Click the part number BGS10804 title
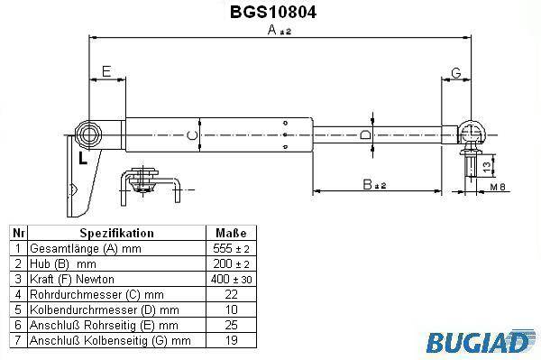[x=273, y=12]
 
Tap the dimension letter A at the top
[x=272, y=30]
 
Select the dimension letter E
[x=106, y=71]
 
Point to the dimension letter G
[x=456, y=73]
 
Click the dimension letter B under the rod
[x=368, y=184]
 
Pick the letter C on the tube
[x=192, y=135]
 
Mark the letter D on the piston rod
[x=365, y=134]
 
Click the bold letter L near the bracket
[x=83, y=158]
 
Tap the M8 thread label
[x=498, y=187]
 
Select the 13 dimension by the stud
[x=486, y=167]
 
